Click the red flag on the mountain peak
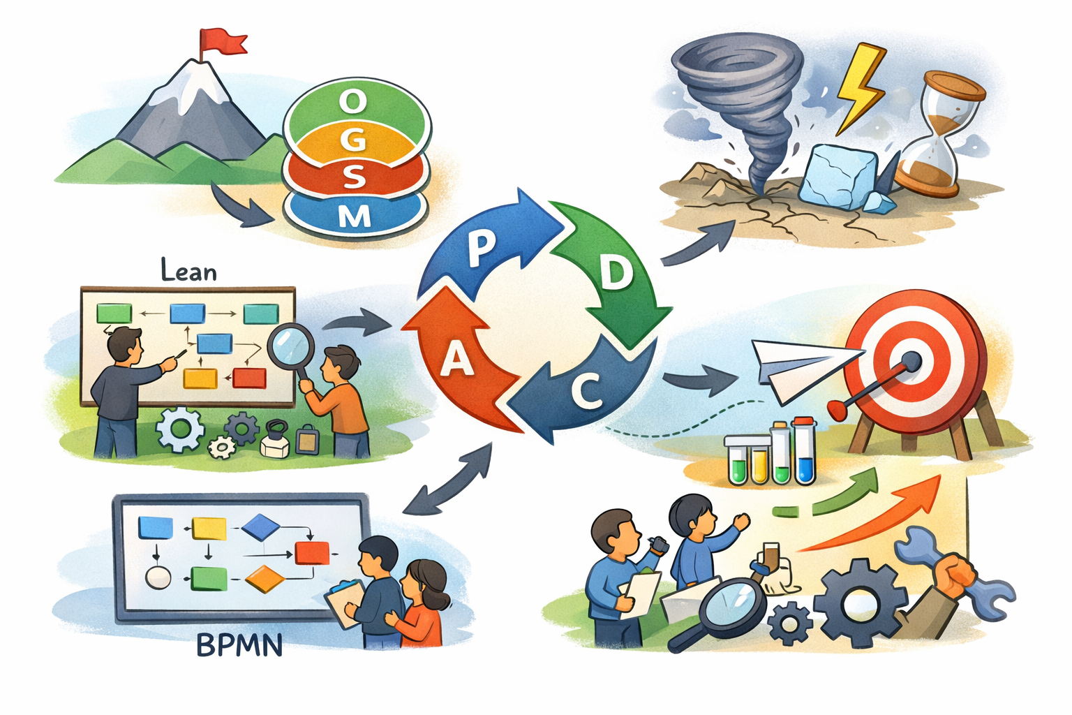pyautogui.click(x=222, y=41)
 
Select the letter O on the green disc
pyautogui.click(x=353, y=102)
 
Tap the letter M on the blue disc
pyautogui.click(x=355, y=217)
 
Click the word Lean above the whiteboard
pyautogui.click(x=188, y=270)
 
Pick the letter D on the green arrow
pyautogui.click(x=615, y=274)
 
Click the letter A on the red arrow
pyautogui.click(x=456, y=360)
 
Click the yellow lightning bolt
pyautogui.click(x=860, y=87)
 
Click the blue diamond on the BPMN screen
pyautogui.click(x=261, y=527)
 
